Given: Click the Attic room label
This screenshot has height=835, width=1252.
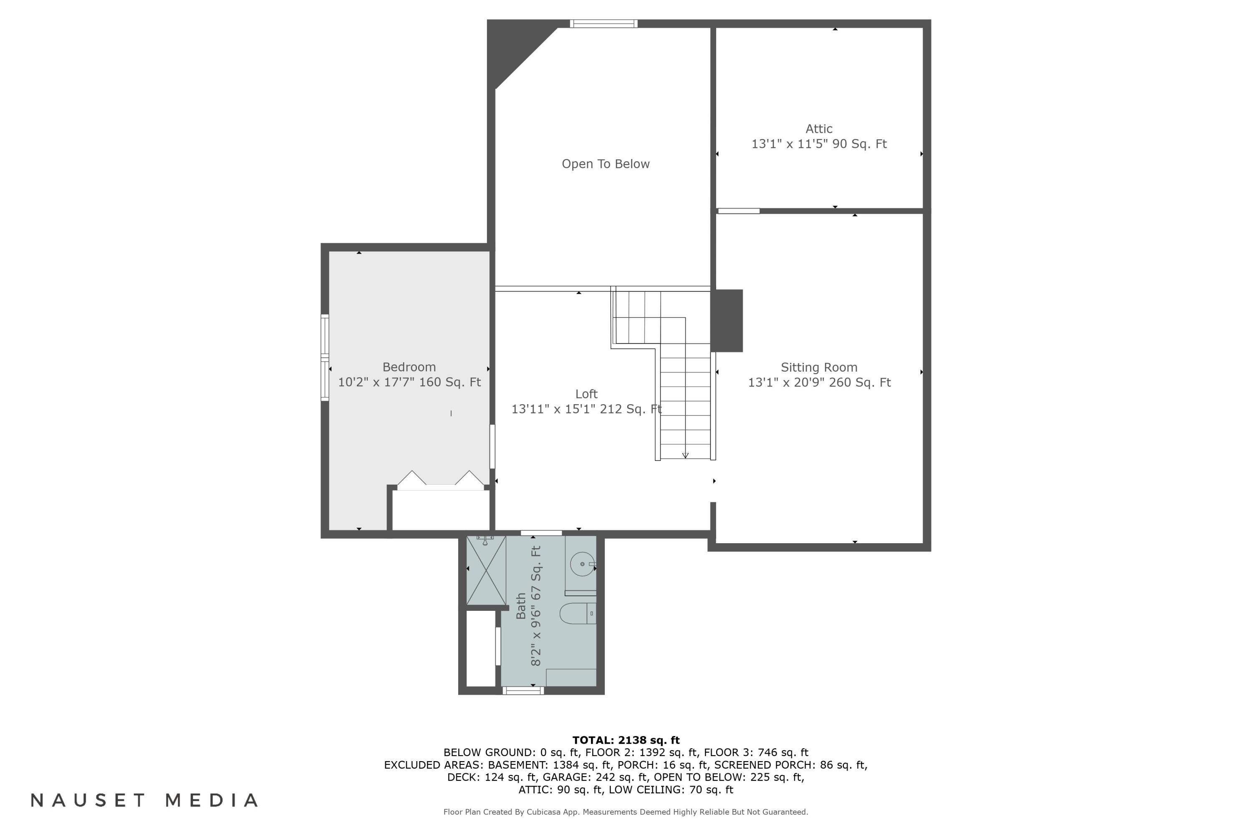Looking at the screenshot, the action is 819,129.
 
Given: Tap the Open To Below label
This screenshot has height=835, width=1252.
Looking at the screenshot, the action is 606,164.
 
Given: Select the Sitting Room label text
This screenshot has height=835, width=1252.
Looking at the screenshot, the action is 819,367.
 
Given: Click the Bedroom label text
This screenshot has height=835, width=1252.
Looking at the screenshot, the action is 409,367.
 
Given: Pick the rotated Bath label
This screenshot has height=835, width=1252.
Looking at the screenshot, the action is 521,606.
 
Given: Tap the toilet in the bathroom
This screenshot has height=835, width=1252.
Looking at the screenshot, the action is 578,613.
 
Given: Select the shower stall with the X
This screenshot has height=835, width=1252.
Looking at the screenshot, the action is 486,570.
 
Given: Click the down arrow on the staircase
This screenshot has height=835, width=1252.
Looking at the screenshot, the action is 686,455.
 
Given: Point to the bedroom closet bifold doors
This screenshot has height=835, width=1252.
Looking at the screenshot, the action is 441,478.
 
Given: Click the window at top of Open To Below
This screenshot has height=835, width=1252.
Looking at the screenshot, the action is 603,23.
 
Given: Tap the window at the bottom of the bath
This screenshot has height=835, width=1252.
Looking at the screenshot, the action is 523,691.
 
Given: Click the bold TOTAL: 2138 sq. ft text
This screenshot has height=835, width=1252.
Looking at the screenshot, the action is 626,740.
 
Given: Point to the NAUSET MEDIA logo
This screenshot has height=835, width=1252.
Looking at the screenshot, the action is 144,800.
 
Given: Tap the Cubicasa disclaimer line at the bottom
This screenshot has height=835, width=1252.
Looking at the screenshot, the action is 626,812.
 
